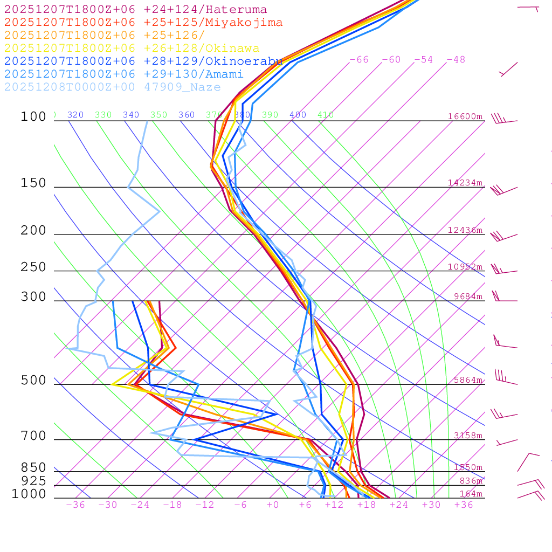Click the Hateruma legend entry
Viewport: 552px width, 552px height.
(135, 10)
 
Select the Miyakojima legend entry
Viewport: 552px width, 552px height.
(143, 23)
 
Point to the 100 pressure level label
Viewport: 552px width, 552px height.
(33, 117)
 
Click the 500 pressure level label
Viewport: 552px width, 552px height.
(33, 381)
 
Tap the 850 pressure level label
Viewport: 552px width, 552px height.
(33, 468)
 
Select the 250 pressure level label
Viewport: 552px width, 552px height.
(33, 267)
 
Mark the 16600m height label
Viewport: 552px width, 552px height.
(465, 116)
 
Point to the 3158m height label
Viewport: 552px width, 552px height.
(468, 436)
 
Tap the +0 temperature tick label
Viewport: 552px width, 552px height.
(273, 505)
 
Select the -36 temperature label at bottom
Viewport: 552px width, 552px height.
(75, 505)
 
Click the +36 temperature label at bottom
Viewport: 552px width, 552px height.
(464, 505)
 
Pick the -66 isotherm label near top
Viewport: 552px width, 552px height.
(359, 60)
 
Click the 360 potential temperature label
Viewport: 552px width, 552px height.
(187, 115)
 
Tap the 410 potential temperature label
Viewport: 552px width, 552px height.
(326, 115)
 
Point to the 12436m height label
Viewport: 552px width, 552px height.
(465, 230)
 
